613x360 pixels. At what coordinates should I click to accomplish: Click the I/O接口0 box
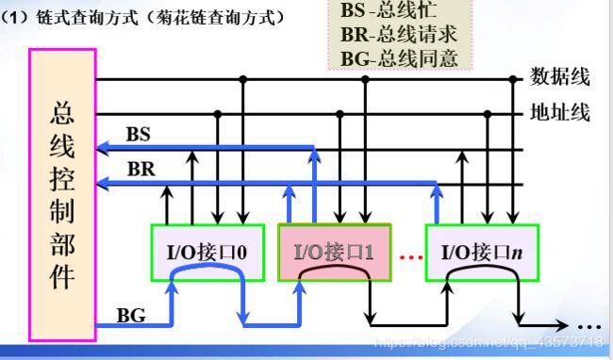point(199,252)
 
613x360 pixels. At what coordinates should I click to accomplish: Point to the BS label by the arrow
point(138,135)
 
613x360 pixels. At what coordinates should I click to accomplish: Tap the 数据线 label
point(560,76)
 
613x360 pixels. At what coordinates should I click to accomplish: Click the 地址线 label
point(560,114)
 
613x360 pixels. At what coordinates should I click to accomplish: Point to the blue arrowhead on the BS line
point(102,147)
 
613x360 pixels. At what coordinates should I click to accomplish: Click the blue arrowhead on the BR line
point(102,185)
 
